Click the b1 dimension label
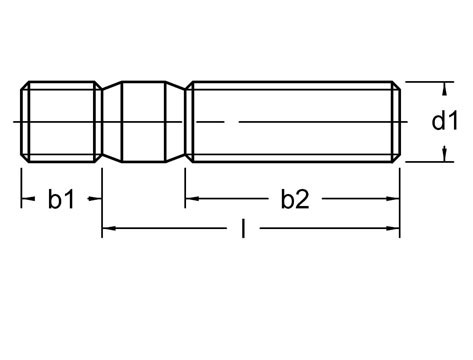click(61, 200)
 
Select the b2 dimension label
click(293, 200)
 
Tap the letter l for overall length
click(244, 230)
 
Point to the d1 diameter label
click(445, 121)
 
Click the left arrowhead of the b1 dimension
click(27, 200)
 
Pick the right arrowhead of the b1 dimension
click(96, 200)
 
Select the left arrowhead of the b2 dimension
click(190, 200)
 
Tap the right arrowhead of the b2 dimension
click(396, 200)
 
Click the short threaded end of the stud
click(60, 121)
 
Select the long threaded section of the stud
click(290, 121)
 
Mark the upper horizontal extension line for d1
click(425, 81)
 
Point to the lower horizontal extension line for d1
click(425, 161)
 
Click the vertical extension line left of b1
click(21, 190)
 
